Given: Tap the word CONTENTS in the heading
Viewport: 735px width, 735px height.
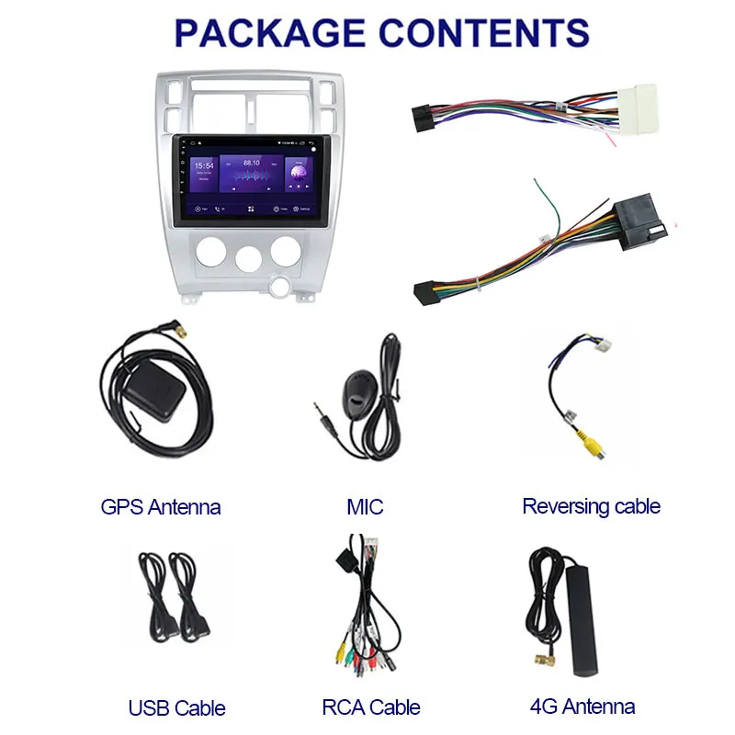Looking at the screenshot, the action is [x=485, y=32].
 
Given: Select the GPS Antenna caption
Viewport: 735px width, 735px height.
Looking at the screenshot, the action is [x=161, y=506].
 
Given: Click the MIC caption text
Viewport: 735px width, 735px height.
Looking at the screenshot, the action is [x=365, y=506].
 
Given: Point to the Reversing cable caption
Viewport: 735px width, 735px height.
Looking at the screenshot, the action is [x=591, y=506].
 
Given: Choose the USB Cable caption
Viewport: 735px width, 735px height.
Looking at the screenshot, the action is [x=177, y=707].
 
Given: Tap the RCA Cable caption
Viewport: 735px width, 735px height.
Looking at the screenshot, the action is [x=371, y=707].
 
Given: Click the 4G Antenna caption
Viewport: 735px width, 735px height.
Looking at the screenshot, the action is [x=582, y=707].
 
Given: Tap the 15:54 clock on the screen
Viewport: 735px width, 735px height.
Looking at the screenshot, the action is [x=204, y=167].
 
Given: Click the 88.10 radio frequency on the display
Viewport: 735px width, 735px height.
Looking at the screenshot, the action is [x=250, y=162].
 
